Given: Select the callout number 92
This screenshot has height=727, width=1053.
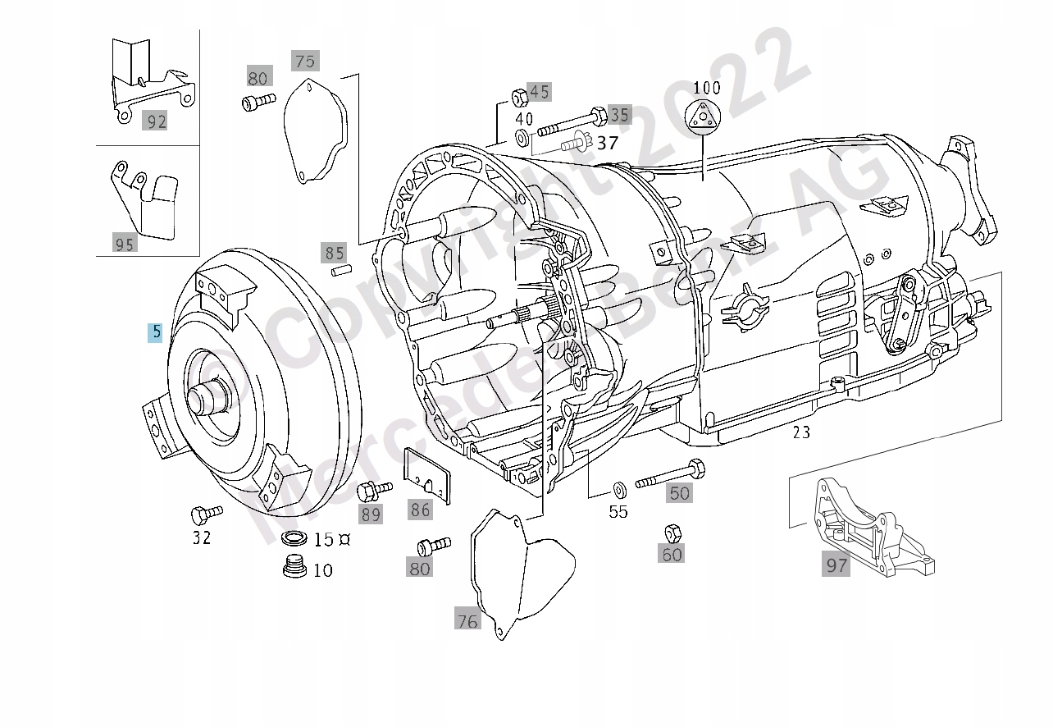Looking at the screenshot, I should tap(156, 121).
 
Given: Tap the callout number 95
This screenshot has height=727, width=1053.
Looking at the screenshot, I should tap(125, 244).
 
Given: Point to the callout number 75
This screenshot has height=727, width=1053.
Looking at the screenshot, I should tap(304, 62).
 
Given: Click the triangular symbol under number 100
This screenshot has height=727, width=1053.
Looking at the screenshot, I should tap(704, 117).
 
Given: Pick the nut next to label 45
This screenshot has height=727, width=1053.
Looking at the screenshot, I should tap(518, 97).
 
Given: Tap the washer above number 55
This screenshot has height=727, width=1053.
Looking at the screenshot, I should tap(618, 491).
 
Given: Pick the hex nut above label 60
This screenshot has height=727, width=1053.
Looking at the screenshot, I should tap(671, 532).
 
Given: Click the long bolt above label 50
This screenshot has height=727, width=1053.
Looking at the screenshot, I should tap(670, 475).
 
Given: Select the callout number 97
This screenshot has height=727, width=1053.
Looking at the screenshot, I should tap(836, 565).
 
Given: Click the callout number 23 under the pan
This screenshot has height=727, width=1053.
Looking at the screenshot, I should tap(800, 432).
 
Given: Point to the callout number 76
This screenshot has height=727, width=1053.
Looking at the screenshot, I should tap(467, 621).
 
